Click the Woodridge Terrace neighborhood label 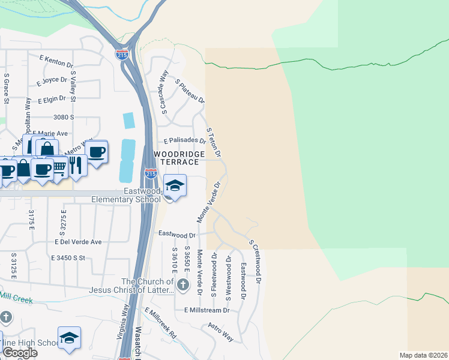click(x=176, y=158)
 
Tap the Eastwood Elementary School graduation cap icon click(x=174, y=186)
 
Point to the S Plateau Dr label click(x=190, y=90)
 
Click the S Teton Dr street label click(x=214, y=142)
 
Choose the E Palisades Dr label click(x=185, y=141)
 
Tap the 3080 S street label click(x=63, y=117)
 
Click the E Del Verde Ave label click(x=78, y=242)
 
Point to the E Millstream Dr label click(x=207, y=310)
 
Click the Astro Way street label click(x=220, y=331)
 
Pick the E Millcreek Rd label click(x=160, y=323)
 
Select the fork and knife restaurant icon click(x=75, y=163)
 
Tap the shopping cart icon click(x=60, y=166)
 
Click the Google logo click(x=19, y=353)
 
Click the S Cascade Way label click(x=163, y=91)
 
